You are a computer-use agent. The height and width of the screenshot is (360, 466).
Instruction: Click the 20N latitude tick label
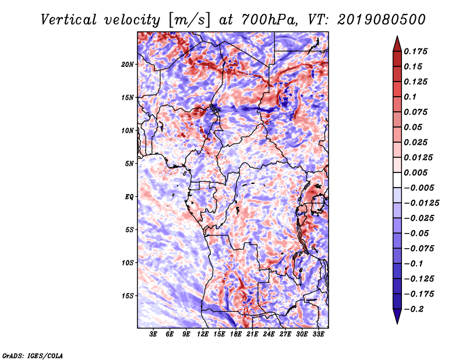tap(128, 65)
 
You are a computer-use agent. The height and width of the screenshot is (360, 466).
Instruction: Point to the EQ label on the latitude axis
tap(129, 197)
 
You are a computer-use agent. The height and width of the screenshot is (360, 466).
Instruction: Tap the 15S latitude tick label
tap(128, 296)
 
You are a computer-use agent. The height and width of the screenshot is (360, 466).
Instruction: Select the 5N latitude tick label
tap(129, 164)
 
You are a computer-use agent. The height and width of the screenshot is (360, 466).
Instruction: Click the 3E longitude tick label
tap(153, 334)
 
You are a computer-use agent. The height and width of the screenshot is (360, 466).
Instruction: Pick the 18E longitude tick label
tap(235, 334)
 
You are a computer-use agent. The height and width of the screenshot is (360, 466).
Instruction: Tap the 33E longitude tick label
tap(318, 334)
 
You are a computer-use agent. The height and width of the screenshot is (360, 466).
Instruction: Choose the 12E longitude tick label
tap(202, 334)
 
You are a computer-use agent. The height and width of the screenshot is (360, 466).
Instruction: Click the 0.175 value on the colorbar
tap(415, 51)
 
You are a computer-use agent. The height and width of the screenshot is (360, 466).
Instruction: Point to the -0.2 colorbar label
tap(414, 309)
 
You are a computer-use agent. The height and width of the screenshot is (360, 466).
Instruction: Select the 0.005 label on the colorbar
tap(415, 172)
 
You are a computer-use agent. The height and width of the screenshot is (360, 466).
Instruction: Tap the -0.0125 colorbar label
tap(421, 203)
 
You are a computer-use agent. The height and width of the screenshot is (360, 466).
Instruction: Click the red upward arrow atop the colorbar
tap(397, 44)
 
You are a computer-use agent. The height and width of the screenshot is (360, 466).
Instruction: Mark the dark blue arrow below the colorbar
tap(397, 316)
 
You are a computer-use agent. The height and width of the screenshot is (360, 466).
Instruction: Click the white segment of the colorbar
tap(397, 180)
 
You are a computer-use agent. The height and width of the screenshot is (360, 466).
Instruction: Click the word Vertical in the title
tap(69, 20)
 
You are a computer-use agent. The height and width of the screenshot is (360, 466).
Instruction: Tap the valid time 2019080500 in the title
tap(382, 20)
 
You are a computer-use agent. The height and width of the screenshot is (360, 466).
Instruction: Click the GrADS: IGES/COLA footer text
tap(33, 355)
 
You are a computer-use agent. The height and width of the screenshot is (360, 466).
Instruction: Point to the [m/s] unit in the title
tap(189, 20)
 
